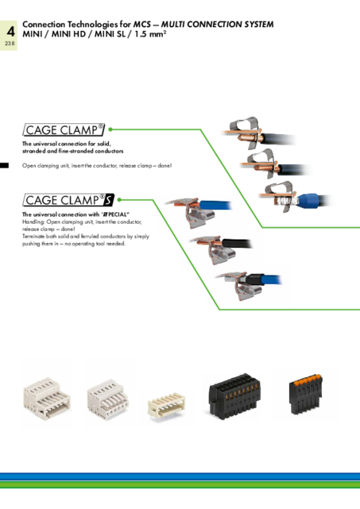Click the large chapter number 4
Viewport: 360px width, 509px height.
pyautogui.click(x=10, y=32)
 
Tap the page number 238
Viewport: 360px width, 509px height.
pyautogui.click(x=10, y=43)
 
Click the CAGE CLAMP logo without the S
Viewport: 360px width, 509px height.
pyautogui.click(x=64, y=130)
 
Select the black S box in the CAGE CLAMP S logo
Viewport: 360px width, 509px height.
pyautogui.click(x=109, y=200)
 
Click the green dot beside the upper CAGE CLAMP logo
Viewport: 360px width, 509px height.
pyautogui.click(x=110, y=129)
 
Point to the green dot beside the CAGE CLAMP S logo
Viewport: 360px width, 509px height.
pyautogui.click(x=119, y=199)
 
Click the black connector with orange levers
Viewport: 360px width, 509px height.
pyautogui.click(x=305, y=394)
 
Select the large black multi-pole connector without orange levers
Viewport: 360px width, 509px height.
pyautogui.click(x=234, y=396)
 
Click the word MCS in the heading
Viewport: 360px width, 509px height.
pyautogui.click(x=142, y=25)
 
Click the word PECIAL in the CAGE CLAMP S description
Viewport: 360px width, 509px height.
pyautogui.click(x=118, y=214)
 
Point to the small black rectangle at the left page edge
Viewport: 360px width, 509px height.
pyautogui.click(x=4, y=165)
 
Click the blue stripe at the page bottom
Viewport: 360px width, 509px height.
pyautogui.click(x=180, y=477)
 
